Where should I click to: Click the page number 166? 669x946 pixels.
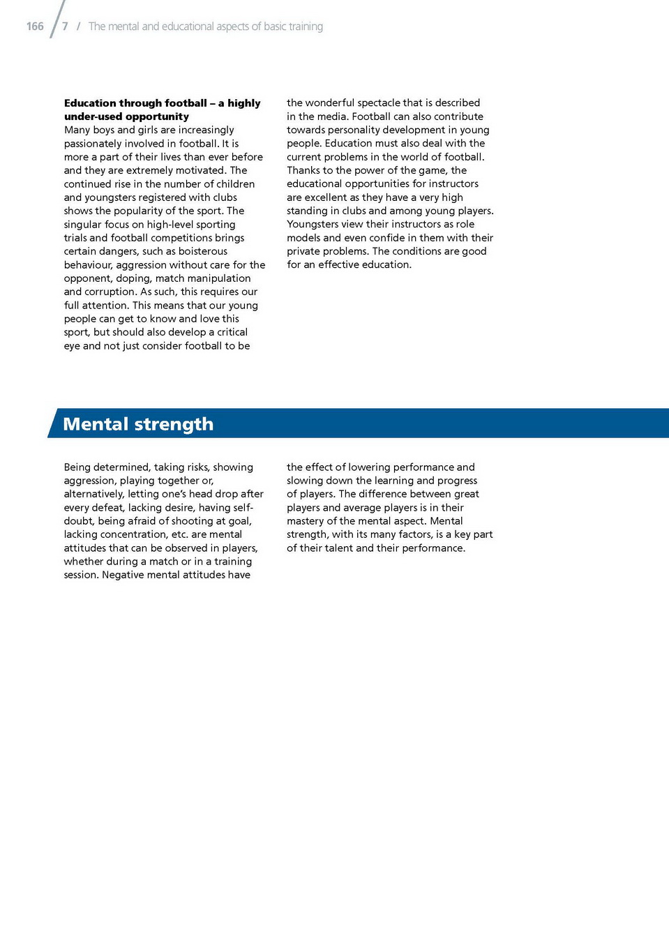(35, 27)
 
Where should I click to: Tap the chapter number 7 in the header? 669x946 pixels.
(65, 27)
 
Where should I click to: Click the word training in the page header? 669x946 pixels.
(306, 27)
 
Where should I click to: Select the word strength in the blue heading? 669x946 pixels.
(174, 424)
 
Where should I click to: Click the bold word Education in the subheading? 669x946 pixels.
(91, 103)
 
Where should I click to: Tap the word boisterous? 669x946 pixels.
(203, 251)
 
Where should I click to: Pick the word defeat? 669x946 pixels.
(109, 508)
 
